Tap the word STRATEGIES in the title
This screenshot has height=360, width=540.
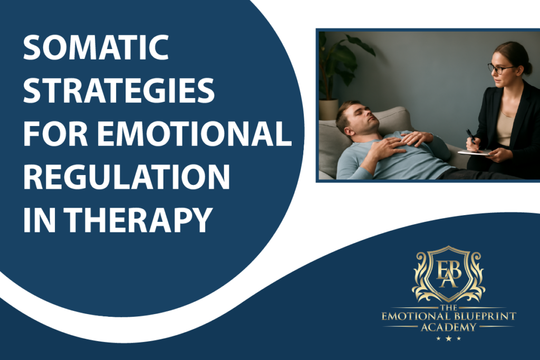tap(119, 90)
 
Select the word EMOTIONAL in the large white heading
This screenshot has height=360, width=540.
tap(194, 133)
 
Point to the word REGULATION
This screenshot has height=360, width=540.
tap(127, 177)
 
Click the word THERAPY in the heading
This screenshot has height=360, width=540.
tap(138, 220)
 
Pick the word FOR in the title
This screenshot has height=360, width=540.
tap(55, 133)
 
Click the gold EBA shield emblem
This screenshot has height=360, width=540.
tap(448, 274)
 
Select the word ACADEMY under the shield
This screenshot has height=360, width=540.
tap(448, 327)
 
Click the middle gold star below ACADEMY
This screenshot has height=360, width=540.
tap(448, 339)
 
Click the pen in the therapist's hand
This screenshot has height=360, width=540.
tap(471, 137)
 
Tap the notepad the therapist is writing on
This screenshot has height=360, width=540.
tap(475, 152)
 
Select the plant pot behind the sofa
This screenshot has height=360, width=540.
tap(329, 110)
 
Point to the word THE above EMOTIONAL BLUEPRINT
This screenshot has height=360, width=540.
tap(448, 307)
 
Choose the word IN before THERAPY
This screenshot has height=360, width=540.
tap(39, 220)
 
